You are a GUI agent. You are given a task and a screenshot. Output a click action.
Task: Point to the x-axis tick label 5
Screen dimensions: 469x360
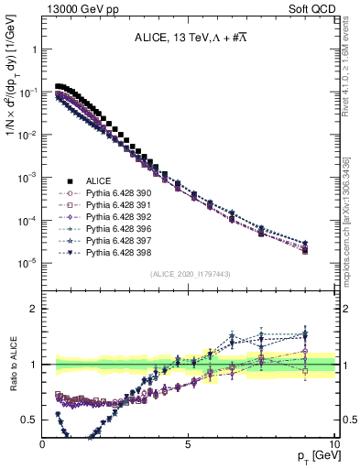pyautogui.click(x=189, y=443)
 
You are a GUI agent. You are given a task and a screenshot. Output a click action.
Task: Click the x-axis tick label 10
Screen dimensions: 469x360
pyautogui.click(x=334, y=443)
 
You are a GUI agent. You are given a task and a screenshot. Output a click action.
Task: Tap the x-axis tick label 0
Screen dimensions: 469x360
pyautogui.click(x=43, y=443)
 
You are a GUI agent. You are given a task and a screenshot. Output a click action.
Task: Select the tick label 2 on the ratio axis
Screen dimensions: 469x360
pyautogui.click(x=33, y=309)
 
